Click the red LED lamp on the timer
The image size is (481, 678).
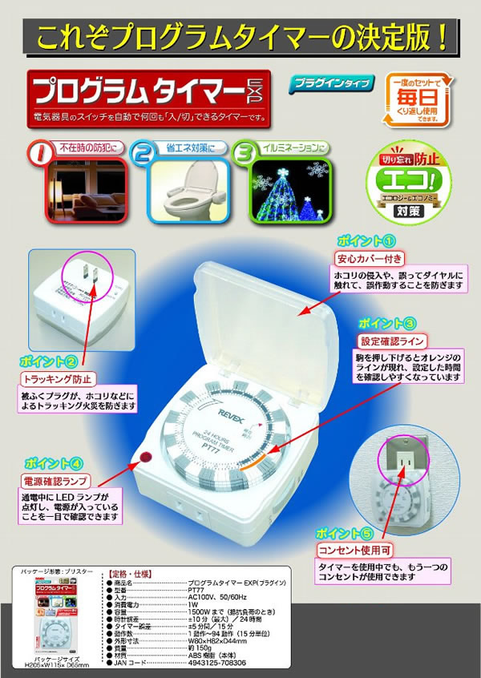(147, 457)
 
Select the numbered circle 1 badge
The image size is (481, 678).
(37, 153)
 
